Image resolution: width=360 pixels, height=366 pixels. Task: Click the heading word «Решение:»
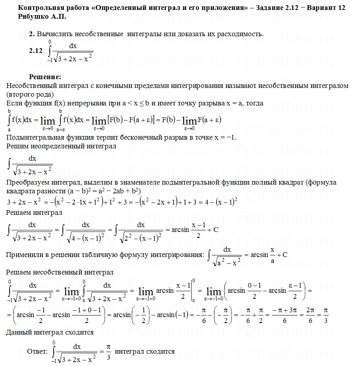(x=45, y=77)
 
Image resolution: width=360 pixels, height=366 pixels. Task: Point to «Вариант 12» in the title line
(x=328, y=8)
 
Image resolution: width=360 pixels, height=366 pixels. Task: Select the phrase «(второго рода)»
(x=30, y=95)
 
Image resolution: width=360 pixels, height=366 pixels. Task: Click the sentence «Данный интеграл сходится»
(x=50, y=332)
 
